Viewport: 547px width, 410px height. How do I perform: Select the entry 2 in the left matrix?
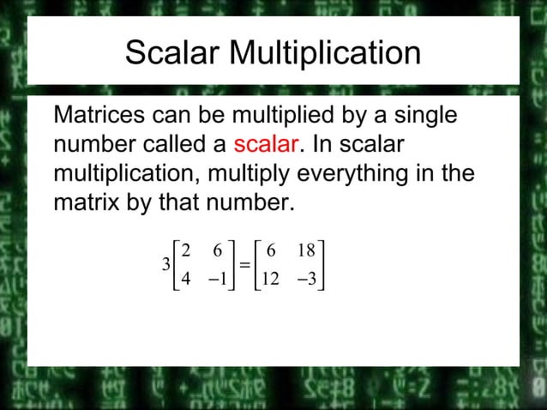click(186, 250)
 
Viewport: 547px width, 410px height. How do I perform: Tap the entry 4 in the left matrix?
click(186, 280)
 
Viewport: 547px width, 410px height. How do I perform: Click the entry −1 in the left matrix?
click(218, 280)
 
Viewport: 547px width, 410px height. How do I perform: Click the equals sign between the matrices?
click(244, 265)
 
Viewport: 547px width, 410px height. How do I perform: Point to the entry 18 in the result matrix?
click(306, 250)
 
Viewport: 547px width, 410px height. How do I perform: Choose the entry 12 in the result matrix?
click(270, 280)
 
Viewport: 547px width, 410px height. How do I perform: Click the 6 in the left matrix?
click(218, 250)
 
